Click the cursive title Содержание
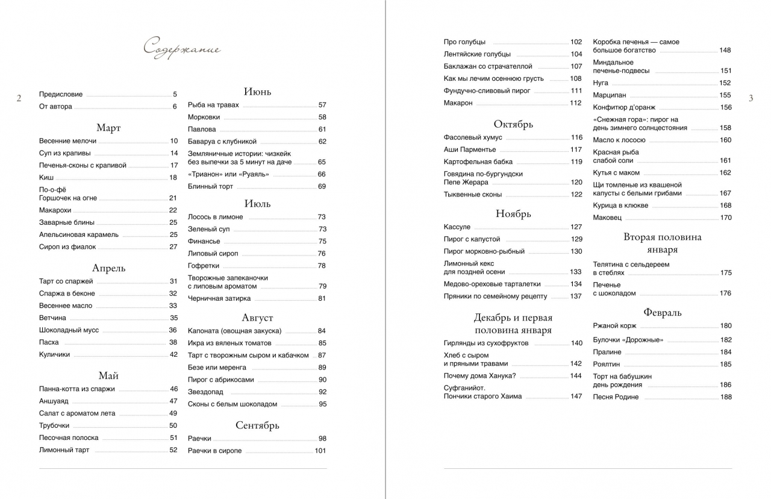pos(182,49)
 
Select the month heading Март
pos(108,128)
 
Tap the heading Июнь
pos(257,92)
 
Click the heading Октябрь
pos(513,124)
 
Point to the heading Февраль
pos(663,312)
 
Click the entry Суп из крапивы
pos(64,153)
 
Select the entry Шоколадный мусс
pos(69,330)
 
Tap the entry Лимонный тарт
pos(64,450)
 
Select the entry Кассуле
pos(457,227)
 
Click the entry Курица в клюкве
pos(620,206)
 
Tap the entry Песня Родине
pos(616,397)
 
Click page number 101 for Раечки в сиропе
pos(320,451)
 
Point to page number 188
pos(726,397)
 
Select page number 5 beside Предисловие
pos(175,95)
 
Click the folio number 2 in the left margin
pos(19,98)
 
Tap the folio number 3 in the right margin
pos(751,98)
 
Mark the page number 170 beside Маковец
pos(726,218)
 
